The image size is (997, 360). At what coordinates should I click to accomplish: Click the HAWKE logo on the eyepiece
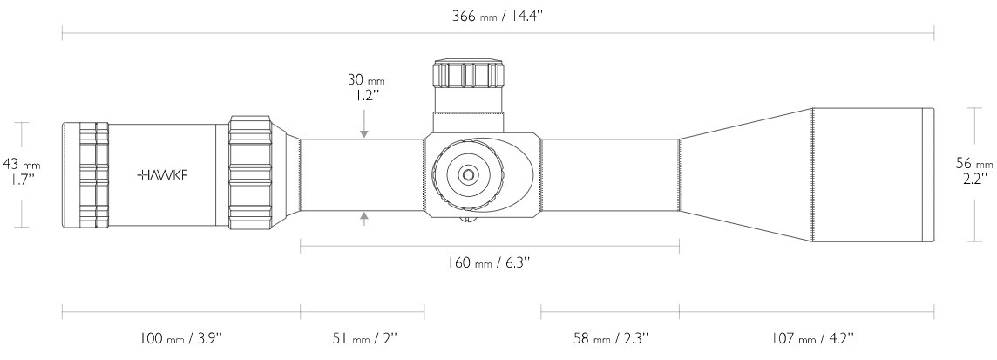pos(163,175)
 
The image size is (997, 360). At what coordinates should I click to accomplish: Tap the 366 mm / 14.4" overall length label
pos(498,16)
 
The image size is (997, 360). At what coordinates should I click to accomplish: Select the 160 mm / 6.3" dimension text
pos(490,262)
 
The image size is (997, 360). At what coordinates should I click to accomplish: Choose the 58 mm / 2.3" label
pos(610,338)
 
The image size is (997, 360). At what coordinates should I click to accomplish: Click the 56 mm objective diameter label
pos(973,171)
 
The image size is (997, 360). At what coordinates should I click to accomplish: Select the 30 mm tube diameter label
pos(366,88)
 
